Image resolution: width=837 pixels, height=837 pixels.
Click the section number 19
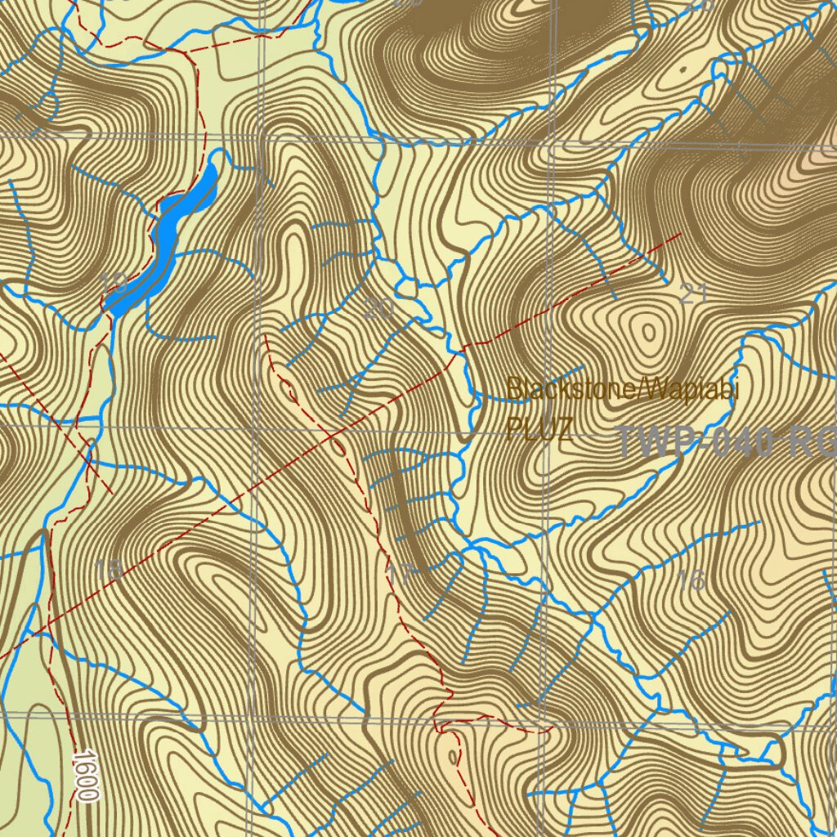tap(114, 283)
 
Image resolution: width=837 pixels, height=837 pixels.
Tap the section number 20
tap(378, 308)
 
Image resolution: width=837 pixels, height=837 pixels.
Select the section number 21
tap(692, 294)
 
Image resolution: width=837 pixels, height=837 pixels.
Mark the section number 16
tap(692, 580)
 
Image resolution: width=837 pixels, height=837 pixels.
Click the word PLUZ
tap(539, 428)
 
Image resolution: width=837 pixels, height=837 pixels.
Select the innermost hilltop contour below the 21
tap(647, 333)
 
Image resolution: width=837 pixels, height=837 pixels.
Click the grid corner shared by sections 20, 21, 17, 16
tap(550, 432)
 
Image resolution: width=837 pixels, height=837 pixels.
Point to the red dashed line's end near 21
tap(680, 234)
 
